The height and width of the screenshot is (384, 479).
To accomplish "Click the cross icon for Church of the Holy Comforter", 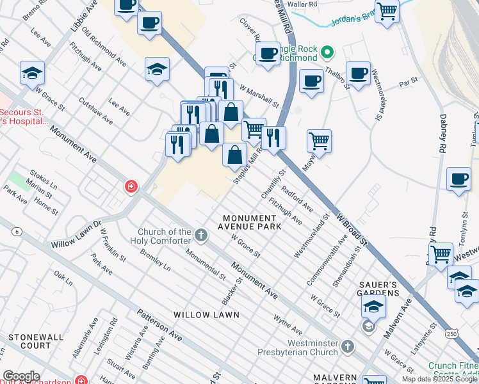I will pyautogui.click(x=201, y=236).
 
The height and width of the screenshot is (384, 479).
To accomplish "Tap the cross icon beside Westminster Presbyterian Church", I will pyautogui.click(x=347, y=347).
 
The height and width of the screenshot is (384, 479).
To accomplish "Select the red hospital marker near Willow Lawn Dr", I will pyautogui.click(x=131, y=186).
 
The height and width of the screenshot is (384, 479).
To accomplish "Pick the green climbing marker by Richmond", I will pyautogui.click(x=327, y=52).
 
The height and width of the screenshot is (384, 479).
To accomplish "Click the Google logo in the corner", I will pyautogui.click(x=21, y=376).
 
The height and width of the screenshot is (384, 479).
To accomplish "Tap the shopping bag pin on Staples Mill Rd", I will pyautogui.click(x=235, y=154).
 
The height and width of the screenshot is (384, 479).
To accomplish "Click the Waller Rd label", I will pyautogui.click(x=303, y=4).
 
